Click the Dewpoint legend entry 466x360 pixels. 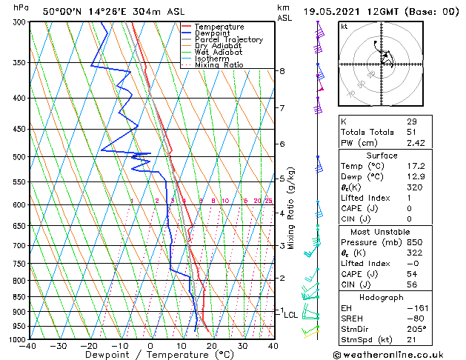tap(211, 33)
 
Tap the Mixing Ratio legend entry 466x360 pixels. tap(219, 65)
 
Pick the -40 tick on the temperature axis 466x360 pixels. tap(29, 346)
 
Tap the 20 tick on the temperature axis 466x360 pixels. tap(211, 346)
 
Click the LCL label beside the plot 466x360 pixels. tap(291, 315)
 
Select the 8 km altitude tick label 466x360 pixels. tap(282, 71)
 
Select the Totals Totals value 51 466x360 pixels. tap(412, 132)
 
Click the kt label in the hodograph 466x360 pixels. tap(344, 26)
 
